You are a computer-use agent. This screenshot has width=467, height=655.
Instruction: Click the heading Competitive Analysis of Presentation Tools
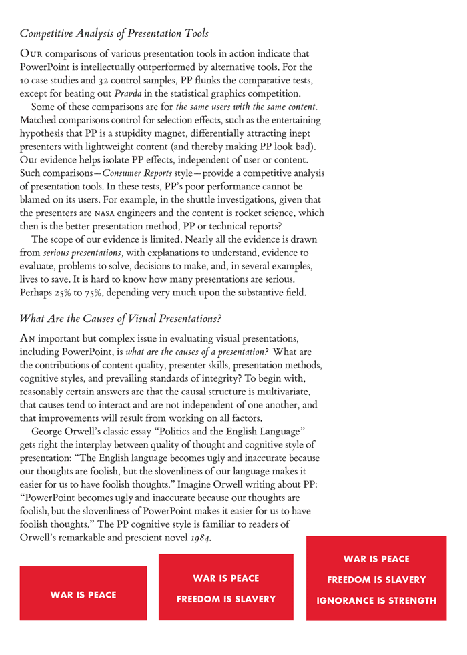pos(114,33)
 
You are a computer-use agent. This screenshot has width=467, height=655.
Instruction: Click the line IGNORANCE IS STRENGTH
pos(376,600)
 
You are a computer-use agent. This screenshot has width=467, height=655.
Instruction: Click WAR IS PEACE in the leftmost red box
pos(83,594)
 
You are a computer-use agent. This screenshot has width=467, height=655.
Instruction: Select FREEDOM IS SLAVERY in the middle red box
pos(226,599)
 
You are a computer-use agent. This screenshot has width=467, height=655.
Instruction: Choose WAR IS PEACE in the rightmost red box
pos(376,559)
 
